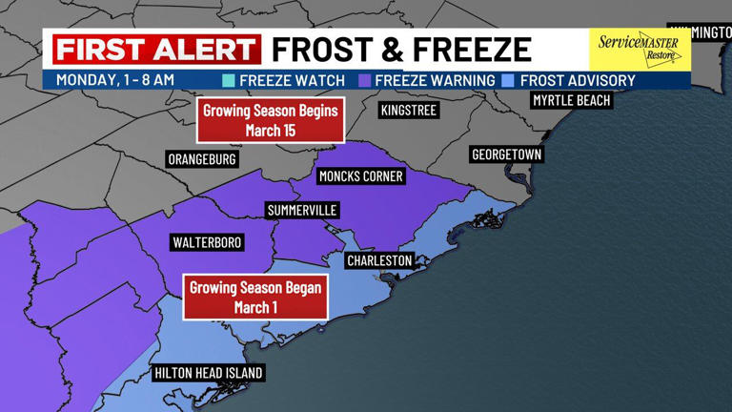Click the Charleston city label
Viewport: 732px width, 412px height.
click(379, 260)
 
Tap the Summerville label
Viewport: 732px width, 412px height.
click(302, 210)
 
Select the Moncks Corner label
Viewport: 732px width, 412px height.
click(360, 176)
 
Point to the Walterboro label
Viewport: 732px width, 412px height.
click(207, 243)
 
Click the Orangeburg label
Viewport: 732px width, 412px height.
click(201, 159)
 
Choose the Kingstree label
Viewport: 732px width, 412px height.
click(408, 111)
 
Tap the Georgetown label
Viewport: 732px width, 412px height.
click(506, 154)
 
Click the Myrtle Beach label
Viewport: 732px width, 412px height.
click(571, 100)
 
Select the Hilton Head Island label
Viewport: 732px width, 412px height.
click(208, 373)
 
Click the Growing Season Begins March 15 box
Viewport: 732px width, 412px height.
click(271, 120)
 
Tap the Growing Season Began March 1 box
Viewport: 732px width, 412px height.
click(255, 297)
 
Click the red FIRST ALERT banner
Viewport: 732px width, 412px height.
click(156, 49)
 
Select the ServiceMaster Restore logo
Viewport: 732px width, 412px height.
click(638, 49)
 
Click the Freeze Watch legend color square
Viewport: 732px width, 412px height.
click(228, 81)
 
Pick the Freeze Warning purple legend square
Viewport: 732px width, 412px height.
click(365, 81)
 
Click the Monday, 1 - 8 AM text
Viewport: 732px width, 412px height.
click(114, 80)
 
